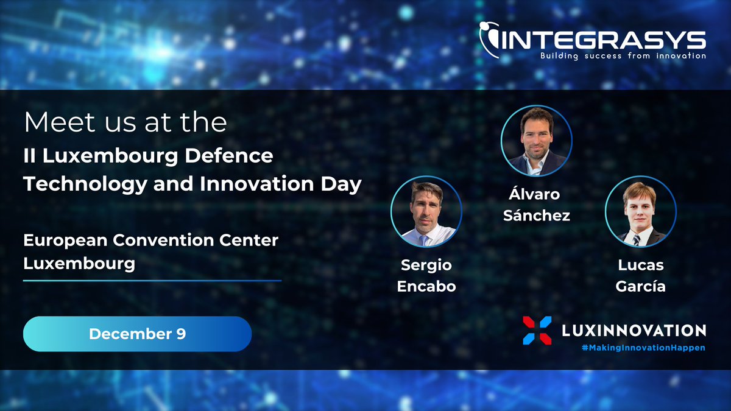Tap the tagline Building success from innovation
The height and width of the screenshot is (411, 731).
(x=623, y=56)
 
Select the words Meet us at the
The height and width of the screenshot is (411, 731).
(x=125, y=122)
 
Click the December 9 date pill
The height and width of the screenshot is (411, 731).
(x=137, y=334)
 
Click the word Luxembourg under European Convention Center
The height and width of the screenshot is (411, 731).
(x=79, y=264)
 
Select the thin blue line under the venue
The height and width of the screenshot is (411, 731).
(x=152, y=281)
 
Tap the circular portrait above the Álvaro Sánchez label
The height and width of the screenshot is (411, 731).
(x=536, y=142)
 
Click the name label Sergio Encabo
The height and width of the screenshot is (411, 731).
(x=426, y=275)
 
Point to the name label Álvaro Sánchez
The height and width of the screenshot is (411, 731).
(x=536, y=205)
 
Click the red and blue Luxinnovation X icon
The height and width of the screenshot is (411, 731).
(x=537, y=330)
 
